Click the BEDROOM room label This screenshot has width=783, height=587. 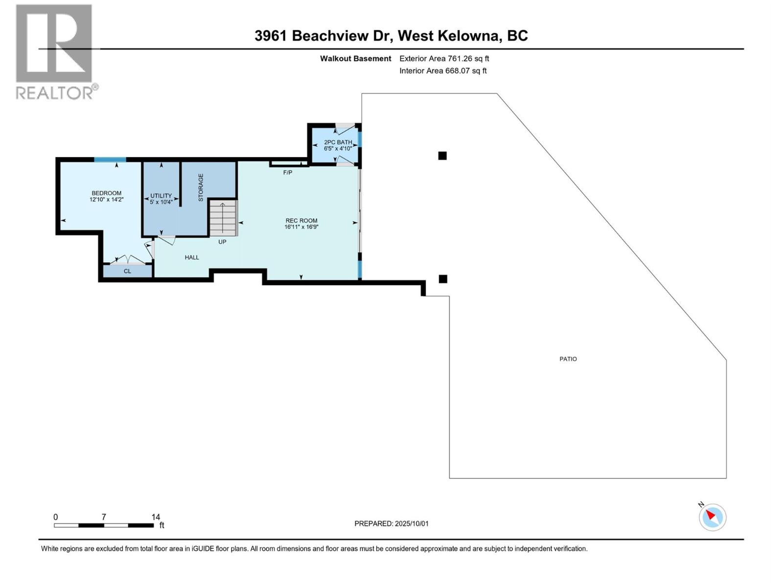pos(106,193)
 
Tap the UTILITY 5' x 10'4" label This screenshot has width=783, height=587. pos(161,198)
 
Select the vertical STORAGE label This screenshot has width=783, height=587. pos(201,187)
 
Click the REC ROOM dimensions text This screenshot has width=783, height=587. pos(301,227)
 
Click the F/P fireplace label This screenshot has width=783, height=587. pos(288,173)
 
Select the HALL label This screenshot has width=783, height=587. pos(192,257)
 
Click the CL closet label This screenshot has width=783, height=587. pos(127,271)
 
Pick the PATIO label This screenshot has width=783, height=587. pos(568,359)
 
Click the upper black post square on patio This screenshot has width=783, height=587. pos(442,156)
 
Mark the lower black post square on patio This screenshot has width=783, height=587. pos(443,279)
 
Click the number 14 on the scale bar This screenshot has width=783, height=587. pos(156,517)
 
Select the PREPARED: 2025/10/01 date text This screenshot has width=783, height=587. pos(391,523)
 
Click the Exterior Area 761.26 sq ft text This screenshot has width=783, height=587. pos(444,59)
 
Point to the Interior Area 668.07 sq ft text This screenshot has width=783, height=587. pos(443,70)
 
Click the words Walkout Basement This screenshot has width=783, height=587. pos(356,59)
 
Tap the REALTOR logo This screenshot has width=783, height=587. pos(55,51)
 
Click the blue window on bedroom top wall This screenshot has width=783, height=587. pos(110,159)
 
